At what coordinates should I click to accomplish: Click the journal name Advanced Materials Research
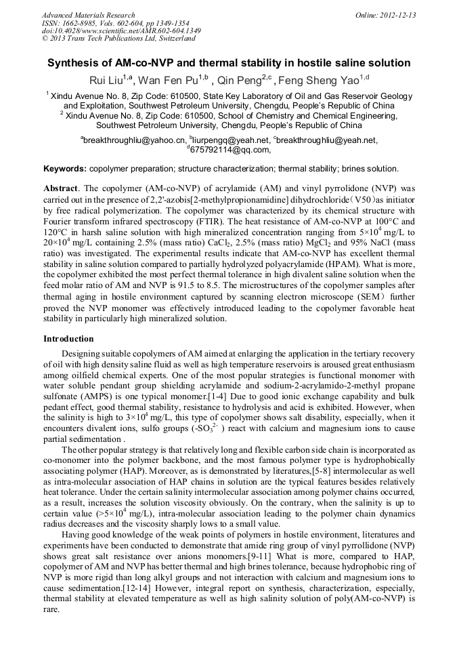pyautogui.click(x=88, y=15)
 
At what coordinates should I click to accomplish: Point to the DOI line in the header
pyautogui.click(x=121, y=31)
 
